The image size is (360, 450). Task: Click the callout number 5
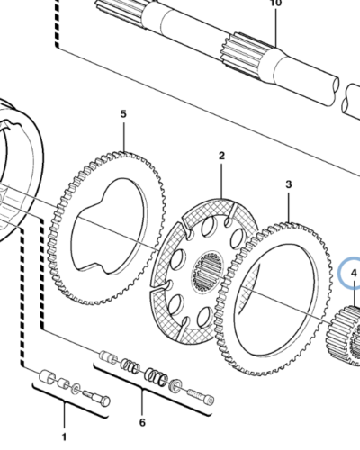123,114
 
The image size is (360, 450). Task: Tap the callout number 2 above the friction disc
221,156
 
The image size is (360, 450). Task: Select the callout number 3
289,184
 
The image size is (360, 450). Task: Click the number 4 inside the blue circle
354,273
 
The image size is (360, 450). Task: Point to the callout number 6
142,422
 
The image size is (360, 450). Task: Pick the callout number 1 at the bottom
64,436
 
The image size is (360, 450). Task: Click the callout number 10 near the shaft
276,3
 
